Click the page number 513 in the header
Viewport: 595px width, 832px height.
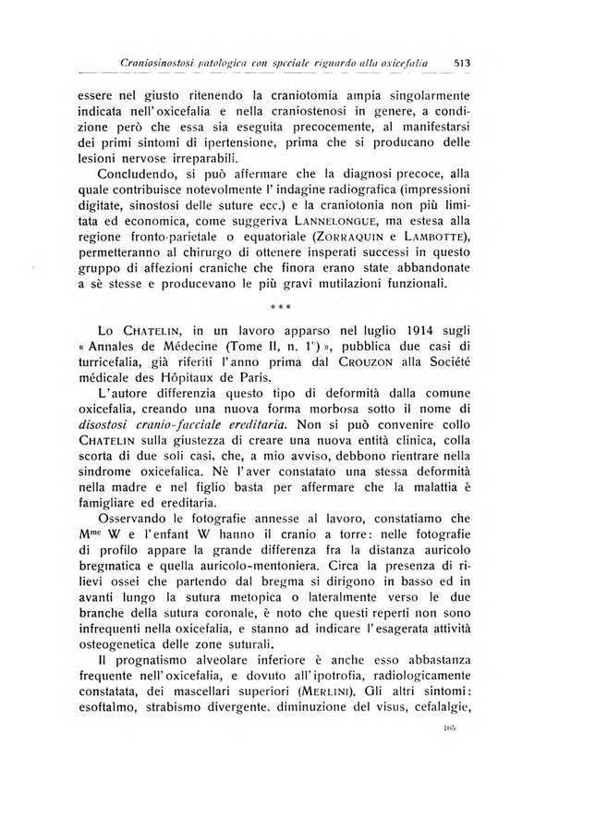click(x=464, y=63)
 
